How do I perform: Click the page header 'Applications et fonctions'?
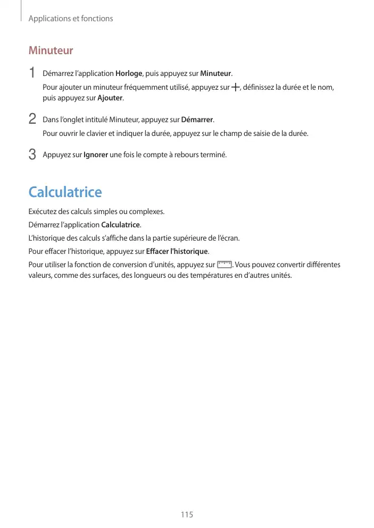[70, 19]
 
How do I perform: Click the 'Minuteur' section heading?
[51, 51]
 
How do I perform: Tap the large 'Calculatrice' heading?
[65, 192]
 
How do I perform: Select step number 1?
[32, 73]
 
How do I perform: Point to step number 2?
[32, 118]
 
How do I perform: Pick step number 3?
[32, 155]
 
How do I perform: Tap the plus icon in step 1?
[235, 87]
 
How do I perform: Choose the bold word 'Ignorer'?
[96, 155]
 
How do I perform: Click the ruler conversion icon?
[225, 265]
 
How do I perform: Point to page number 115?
[187, 515]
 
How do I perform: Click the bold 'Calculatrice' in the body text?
[121, 225]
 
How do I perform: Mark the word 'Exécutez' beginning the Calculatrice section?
[43, 211]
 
